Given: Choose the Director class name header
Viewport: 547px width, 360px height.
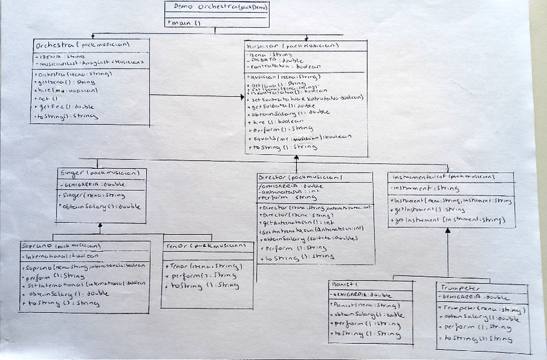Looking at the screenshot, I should tap(301, 177).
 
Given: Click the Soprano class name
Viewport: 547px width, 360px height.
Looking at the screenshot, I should tap(62, 246).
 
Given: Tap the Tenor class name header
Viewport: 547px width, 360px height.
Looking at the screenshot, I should tap(200, 246).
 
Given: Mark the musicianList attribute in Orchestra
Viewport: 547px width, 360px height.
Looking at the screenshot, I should tap(90, 63).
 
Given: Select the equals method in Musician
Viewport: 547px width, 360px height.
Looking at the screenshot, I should tap(300, 137).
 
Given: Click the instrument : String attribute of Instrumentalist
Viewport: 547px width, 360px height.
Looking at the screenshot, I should tap(426, 189).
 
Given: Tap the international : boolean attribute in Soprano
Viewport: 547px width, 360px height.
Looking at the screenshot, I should tap(62, 255).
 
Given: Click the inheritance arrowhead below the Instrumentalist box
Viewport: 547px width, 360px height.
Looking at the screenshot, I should tap(447, 230).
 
